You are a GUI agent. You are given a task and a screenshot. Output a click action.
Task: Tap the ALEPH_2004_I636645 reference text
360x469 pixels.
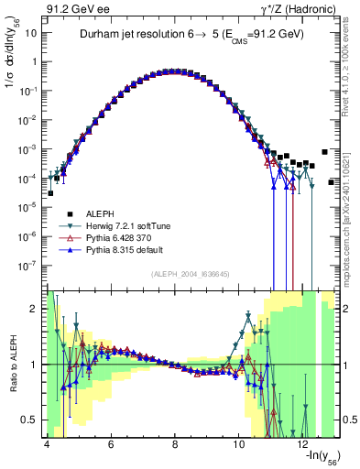[x=191, y=274]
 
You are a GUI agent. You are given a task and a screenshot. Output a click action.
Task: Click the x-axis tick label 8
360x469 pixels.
[x=175, y=444]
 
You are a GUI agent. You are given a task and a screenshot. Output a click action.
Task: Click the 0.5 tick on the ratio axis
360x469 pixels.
[x=29, y=420]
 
